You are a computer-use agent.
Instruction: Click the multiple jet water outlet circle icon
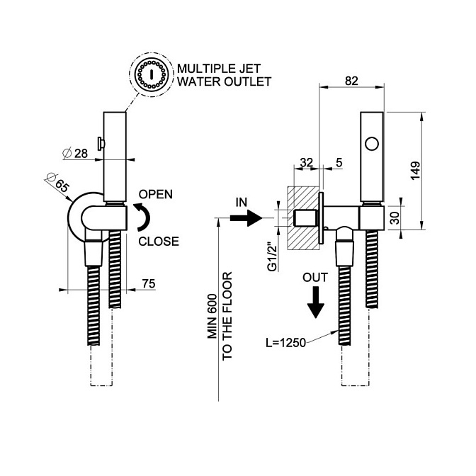pos(151,75)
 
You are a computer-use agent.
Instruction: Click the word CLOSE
pos(158,241)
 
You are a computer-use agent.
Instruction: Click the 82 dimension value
pos(351,81)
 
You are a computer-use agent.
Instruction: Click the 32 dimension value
pos(307,162)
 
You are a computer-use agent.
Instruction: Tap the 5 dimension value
pos(339,162)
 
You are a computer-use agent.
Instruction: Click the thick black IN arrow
pos(246,220)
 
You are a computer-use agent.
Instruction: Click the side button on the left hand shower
pos(102,144)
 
